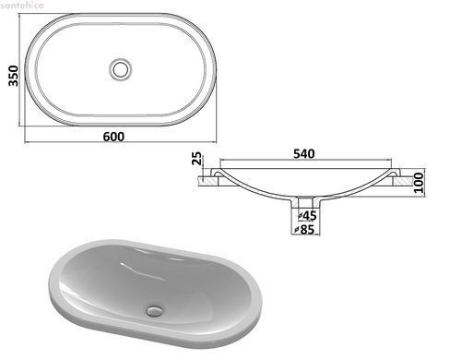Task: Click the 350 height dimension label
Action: click(14, 76)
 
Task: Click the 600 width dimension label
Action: click(113, 137)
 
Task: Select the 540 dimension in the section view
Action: click(303, 154)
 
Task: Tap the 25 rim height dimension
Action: click(198, 159)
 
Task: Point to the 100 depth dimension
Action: click(419, 183)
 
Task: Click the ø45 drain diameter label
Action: click(307, 216)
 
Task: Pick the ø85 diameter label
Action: click(304, 229)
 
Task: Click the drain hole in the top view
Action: click(121, 69)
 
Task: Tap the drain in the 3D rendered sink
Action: click(154, 310)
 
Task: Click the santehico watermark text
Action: click(22, 5)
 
